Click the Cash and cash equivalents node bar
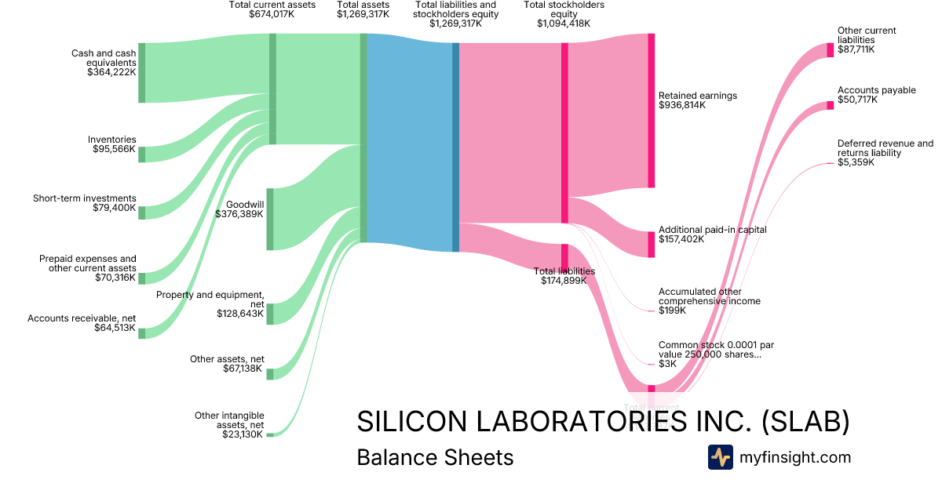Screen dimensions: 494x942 point(142,73)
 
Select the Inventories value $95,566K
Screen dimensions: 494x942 point(114,149)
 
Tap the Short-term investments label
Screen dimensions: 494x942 point(85,198)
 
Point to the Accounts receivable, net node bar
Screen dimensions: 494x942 point(142,333)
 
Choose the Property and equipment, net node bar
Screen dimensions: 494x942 point(270,314)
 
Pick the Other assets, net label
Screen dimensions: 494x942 point(227,359)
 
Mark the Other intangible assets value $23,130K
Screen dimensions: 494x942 point(243,434)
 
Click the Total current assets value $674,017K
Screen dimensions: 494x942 point(272,14)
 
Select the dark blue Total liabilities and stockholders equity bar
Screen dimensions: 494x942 point(455,147)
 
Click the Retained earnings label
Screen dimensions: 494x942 point(698,96)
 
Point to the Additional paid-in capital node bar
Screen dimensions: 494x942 point(651,244)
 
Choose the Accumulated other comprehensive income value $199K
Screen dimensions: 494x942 point(672,311)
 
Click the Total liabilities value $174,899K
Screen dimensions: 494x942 point(564,281)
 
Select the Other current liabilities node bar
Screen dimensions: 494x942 point(830,50)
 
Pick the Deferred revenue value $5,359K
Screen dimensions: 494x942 point(856,163)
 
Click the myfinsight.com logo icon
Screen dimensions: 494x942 point(721,457)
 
